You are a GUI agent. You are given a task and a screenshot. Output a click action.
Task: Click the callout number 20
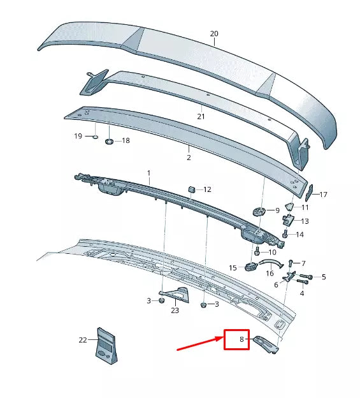click(213, 34)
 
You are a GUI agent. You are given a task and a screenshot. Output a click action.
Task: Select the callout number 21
click(201, 117)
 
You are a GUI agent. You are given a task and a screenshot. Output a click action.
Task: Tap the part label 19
click(78, 136)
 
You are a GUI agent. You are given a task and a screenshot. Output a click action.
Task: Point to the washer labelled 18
click(108, 140)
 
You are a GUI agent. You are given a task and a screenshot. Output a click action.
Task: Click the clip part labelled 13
click(288, 220)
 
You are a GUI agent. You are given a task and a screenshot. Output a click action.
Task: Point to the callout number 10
click(272, 252)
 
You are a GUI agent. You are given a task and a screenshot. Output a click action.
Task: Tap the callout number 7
click(303, 263)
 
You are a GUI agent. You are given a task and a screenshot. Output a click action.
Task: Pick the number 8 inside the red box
click(242, 340)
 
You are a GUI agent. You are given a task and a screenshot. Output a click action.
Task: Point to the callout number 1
click(148, 173)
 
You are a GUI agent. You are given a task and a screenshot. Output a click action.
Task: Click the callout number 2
click(189, 157)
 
